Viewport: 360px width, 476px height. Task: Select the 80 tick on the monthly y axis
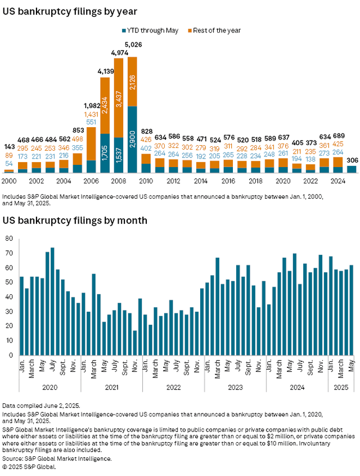8,239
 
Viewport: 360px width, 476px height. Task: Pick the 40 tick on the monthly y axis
8,297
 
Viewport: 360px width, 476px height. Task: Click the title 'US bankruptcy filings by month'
75,220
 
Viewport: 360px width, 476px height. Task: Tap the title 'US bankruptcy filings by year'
70,11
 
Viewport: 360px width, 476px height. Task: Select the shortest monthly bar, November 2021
135,343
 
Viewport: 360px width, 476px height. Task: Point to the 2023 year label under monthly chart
235,387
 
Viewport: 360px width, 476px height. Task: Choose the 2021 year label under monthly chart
111,387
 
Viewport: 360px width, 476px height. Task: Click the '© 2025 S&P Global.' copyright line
29,466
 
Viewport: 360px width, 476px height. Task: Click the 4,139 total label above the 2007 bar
105,71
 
